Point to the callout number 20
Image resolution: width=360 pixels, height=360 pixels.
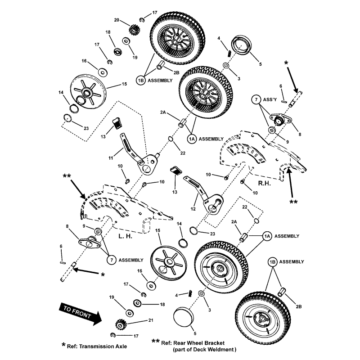(117, 20)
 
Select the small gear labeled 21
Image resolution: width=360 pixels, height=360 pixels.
(122, 324)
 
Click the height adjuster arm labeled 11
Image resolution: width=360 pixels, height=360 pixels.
(135, 153)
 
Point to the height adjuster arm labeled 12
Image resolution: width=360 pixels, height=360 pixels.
(203, 198)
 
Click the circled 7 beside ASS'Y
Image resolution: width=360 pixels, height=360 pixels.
(256, 99)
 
